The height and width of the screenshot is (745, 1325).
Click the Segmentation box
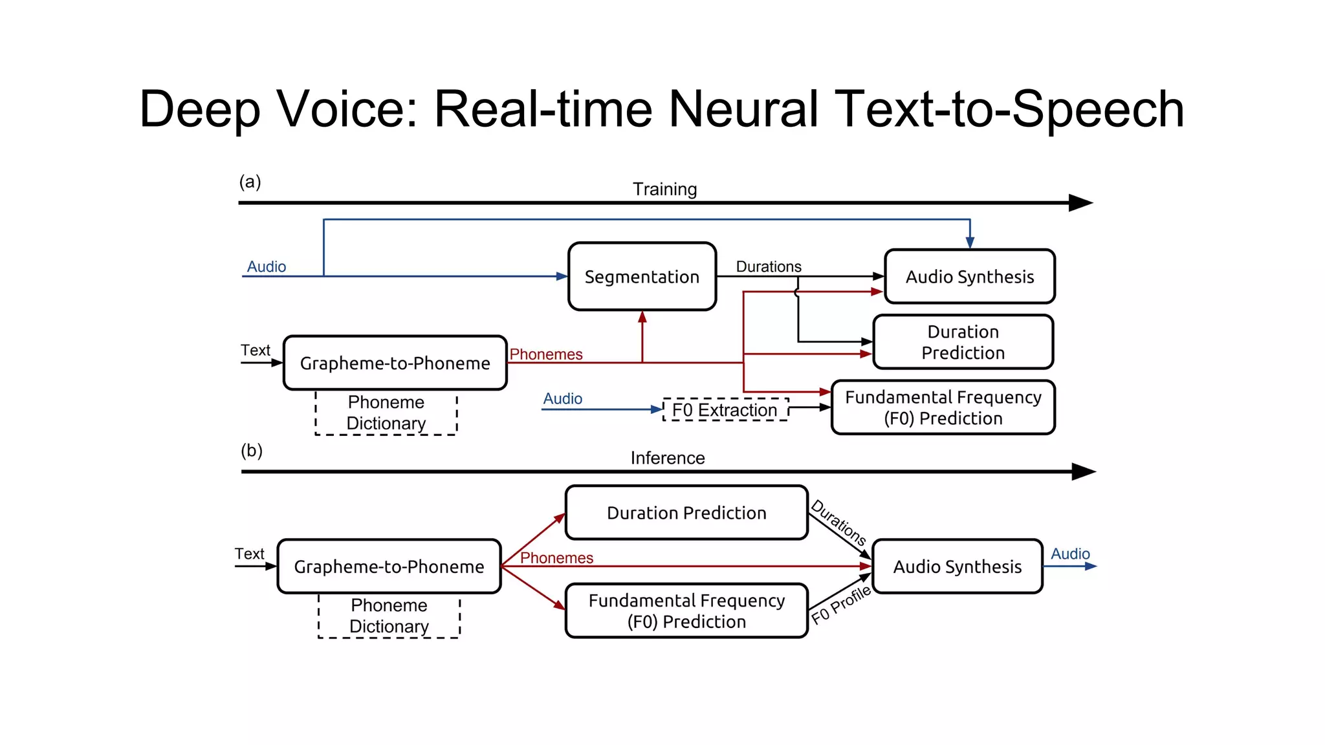642,277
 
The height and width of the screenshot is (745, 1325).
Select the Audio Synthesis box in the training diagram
969,277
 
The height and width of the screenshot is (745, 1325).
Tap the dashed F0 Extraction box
725,410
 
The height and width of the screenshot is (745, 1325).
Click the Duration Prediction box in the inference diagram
686,513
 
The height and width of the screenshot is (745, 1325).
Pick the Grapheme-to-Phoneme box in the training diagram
395,363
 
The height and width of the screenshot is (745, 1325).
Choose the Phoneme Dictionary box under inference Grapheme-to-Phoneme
389,616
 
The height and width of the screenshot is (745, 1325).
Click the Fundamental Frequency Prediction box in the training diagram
943,407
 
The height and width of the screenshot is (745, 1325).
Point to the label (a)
250,182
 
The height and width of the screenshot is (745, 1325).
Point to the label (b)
252,450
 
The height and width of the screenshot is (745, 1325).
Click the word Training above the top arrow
664,189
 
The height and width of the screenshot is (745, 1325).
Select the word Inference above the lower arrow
667,458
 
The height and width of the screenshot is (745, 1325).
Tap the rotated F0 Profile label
841,605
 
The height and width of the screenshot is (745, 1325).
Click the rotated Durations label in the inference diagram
838,523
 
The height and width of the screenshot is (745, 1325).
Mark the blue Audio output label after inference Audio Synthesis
1070,554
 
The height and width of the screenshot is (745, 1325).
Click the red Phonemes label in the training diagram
546,354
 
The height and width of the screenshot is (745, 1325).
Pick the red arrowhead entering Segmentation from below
642,317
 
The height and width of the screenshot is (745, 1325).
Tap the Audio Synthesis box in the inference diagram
957,567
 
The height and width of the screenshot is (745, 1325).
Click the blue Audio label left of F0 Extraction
562,398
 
